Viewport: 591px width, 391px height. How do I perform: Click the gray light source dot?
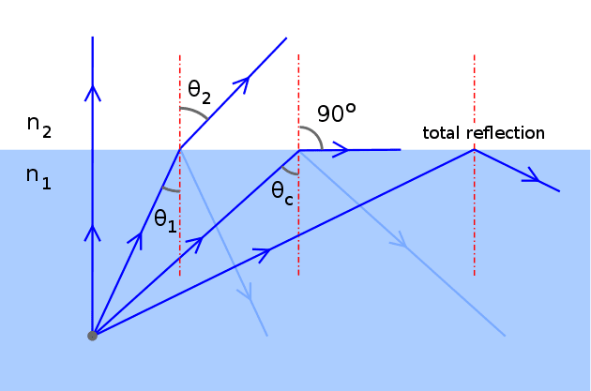click(92, 336)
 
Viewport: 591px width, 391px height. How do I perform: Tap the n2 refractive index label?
click(39, 127)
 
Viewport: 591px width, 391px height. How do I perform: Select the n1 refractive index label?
click(38, 178)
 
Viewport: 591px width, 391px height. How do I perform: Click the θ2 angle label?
click(200, 92)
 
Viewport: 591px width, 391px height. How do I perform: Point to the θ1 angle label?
click(165, 221)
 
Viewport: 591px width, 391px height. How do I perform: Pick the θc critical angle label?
click(282, 193)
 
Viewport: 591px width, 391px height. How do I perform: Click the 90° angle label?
click(337, 113)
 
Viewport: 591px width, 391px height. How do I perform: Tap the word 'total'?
click(442, 133)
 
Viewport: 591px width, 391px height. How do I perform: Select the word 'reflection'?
click(506, 133)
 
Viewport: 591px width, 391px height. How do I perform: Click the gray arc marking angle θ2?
click(196, 112)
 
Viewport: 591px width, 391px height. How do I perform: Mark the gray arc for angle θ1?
click(170, 189)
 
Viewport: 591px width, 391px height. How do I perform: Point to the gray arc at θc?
click(289, 172)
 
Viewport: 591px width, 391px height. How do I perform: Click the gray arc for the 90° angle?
click(315, 133)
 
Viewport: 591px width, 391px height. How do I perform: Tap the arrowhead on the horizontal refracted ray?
click(341, 149)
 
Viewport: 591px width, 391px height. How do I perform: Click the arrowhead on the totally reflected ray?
click(532, 176)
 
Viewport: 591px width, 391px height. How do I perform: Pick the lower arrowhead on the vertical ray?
click(92, 233)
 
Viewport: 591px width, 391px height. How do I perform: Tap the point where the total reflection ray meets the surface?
click(474, 149)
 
